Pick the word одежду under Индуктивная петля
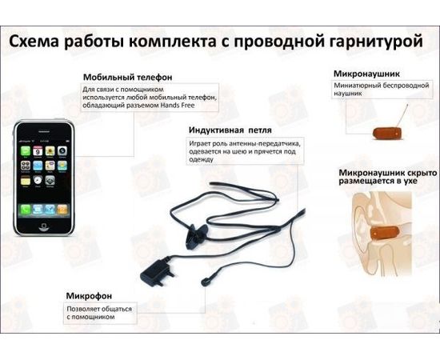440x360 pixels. click(205, 158)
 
